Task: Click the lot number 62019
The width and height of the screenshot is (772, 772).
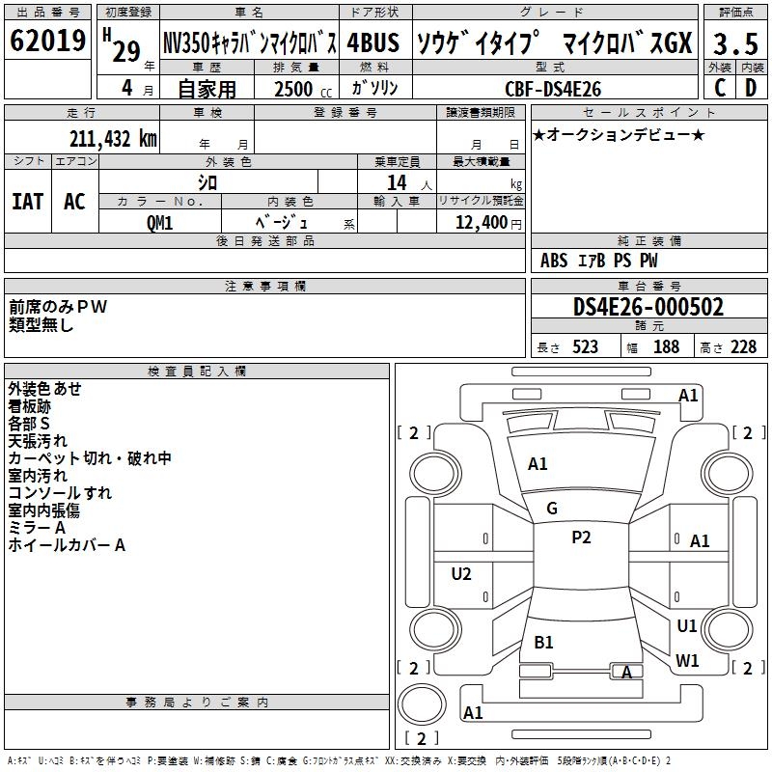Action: [48, 42]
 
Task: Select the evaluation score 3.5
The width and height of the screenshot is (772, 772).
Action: [733, 43]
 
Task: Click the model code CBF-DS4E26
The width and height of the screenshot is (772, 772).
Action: [553, 89]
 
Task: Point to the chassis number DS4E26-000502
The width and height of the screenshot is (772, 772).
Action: [648, 307]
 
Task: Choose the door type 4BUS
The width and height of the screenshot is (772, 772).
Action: [373, 43]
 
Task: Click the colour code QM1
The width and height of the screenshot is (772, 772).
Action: [159, 222]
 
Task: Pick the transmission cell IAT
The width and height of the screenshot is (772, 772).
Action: [27, 202]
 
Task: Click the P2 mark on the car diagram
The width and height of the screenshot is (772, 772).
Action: [581, 538]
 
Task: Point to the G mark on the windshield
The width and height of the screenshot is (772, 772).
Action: [552, 509]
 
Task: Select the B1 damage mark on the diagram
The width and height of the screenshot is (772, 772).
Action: [543, 642]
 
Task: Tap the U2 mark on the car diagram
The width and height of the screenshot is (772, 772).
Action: [461, 574]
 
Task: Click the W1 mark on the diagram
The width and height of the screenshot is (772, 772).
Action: [687, 661]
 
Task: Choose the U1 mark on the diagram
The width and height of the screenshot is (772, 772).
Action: [687, 625]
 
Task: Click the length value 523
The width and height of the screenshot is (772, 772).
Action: [582, 347]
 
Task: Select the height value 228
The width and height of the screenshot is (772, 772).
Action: [743, 347]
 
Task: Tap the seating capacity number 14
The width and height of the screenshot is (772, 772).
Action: [397, 183]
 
